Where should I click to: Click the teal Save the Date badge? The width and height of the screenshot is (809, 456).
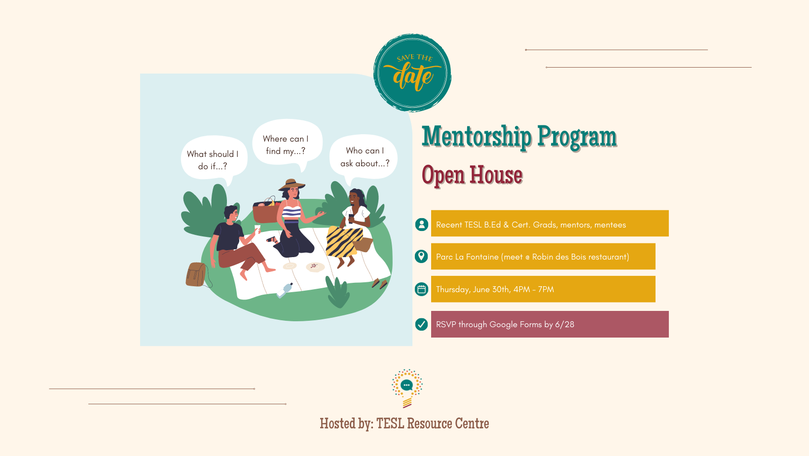click(x=412, y=73)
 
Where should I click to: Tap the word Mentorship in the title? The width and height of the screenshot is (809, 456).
click(x=477, y=137)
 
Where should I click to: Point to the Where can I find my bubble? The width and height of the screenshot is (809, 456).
click(x=287, y=144)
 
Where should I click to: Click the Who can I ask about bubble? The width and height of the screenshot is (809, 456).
click(x=364, y=157)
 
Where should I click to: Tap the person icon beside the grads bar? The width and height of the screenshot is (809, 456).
click(x=421, y=225)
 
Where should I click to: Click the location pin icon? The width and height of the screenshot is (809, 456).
click(x=421, y=257)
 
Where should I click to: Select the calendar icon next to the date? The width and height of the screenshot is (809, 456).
click(x=421, y=289)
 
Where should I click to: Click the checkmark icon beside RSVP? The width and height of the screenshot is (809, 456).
click(x=421, y=324)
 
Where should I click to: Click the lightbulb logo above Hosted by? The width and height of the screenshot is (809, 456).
click(x=407, y=388)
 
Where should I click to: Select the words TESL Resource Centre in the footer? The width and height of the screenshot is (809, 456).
click(x=433, y=423)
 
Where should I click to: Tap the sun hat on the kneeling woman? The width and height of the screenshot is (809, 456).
click(x=292, y=184)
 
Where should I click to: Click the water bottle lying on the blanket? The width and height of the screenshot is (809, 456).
click(x=285, y=290)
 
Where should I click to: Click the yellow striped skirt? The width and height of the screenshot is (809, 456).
click(x=344, y=241)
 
